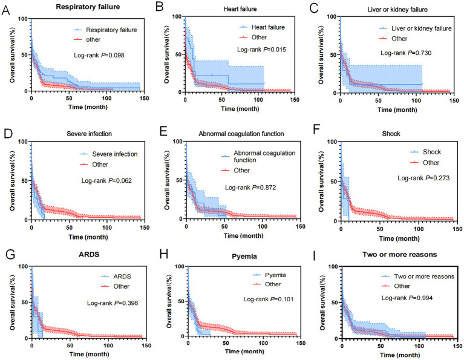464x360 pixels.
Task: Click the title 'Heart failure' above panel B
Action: point(240,9)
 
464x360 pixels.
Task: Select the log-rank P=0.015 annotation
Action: point(261,50)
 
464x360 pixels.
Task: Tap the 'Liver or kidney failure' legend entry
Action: point(422,28)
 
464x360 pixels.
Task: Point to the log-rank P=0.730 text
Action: point(406,53)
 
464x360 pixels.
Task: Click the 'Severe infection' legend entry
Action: point(115,154)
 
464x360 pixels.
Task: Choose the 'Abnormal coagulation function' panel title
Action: point(241,134)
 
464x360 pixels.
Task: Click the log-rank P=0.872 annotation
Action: point(250,188)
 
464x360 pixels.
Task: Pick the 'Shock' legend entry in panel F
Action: point(432,152)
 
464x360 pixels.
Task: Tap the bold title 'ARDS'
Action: point(89,254)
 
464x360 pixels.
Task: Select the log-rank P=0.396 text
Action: point(113,303)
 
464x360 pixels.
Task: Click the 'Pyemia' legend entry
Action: point(275,275)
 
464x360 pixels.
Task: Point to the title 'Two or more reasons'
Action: point(399,254)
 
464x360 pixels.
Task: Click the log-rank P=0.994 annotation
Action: point(407,298)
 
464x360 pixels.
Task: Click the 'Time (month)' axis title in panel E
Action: point(243,235)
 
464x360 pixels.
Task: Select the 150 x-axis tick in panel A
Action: point(144,98)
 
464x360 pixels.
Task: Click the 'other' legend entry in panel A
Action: point(93,39)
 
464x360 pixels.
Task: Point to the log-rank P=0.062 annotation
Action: point(106,180)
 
